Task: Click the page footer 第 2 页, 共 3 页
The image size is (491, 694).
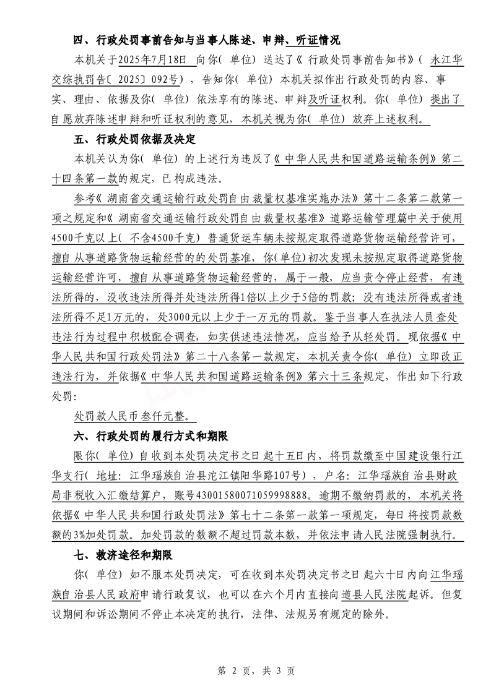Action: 245,670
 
